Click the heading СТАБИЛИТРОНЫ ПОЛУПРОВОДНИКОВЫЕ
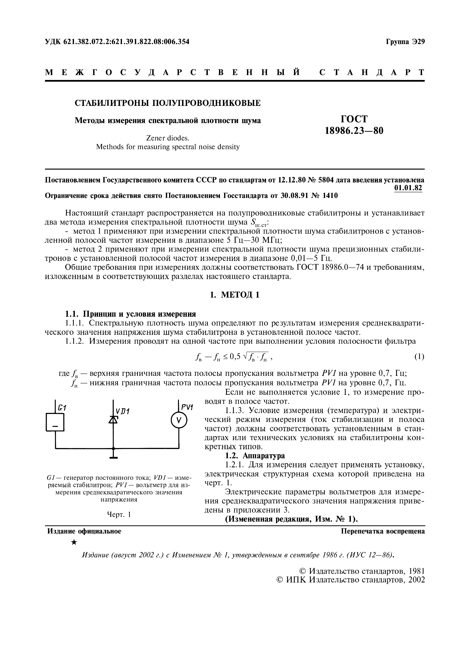[168, 103]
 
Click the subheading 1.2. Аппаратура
[255, 456]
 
